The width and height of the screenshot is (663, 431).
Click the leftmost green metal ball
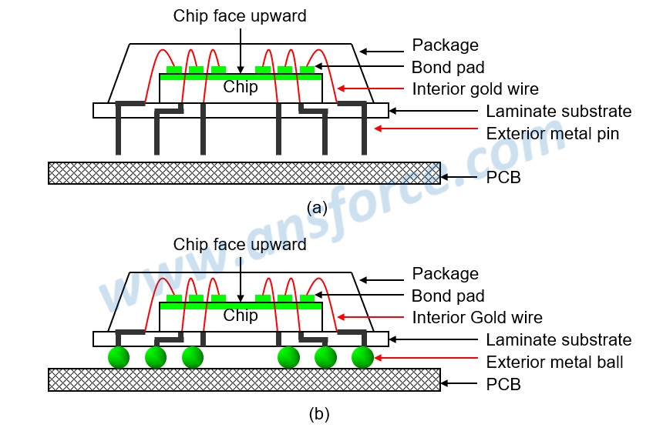coord(119,357)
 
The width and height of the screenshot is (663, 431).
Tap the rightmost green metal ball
coord(362,357)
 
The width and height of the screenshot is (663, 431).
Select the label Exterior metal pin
coord(552,134)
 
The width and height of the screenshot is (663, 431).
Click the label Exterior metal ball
coord(554,362)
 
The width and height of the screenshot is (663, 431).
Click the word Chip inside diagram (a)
coord(241,88)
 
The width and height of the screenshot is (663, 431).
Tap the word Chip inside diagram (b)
coord(241,316)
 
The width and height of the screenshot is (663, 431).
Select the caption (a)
coord(317,207)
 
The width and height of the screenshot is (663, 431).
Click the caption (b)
coord(318,414)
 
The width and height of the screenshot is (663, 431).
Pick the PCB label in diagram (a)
coord(503,178)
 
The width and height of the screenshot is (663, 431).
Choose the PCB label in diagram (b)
coord(503,384)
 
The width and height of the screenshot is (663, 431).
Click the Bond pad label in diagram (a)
coord(448,67)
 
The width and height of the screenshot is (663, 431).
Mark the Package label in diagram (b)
coord(445,273)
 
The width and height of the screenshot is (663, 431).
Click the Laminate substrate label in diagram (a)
coord(558,112)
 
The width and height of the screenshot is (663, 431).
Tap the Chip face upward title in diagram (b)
coord(240,245)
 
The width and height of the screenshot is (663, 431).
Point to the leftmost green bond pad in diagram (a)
coord(174,70)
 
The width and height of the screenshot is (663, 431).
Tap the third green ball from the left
coord(193,357)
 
